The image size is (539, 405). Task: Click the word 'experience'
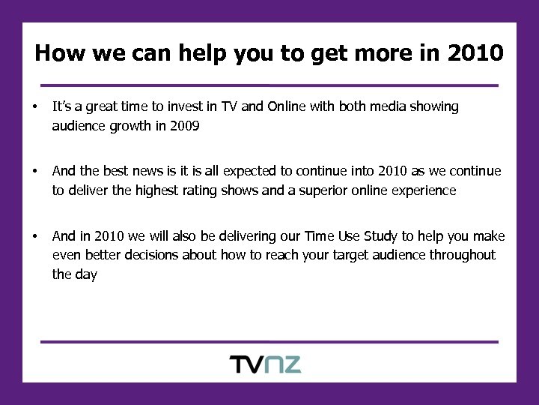(x=422, y=190)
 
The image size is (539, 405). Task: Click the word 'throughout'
(x=462, y=255)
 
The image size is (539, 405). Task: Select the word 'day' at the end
(x=86, y=274)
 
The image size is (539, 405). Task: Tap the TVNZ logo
(x=265, y=365)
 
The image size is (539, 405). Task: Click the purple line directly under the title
(x=269, y=85)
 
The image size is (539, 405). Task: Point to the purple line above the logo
(x=269, y=342)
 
